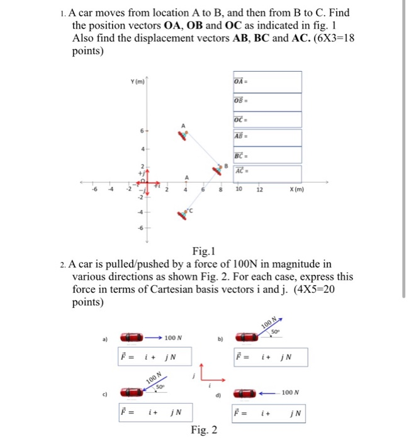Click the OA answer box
(x=267, y=82)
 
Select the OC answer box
(x=267, y=119)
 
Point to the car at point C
(x=184, y=214)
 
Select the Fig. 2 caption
(x=204, y=430)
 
